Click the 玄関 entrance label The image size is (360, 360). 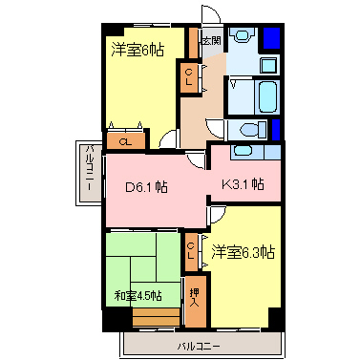212,41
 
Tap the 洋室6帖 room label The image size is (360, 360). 138,50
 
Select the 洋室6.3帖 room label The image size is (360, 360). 244,252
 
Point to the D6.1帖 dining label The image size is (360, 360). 146,187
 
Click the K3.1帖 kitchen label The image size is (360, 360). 243,183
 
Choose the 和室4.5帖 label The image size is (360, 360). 138,296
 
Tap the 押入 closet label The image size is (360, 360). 194,297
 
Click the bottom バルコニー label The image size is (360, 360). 199,346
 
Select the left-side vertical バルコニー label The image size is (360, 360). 91,167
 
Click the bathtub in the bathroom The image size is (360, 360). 266,96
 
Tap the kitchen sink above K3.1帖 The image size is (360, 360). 242,151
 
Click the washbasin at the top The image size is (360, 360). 243,34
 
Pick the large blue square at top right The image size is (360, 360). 271,38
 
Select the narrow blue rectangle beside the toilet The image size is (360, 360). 276,130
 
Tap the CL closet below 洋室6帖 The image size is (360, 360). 126,141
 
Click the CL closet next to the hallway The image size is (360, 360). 189,77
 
